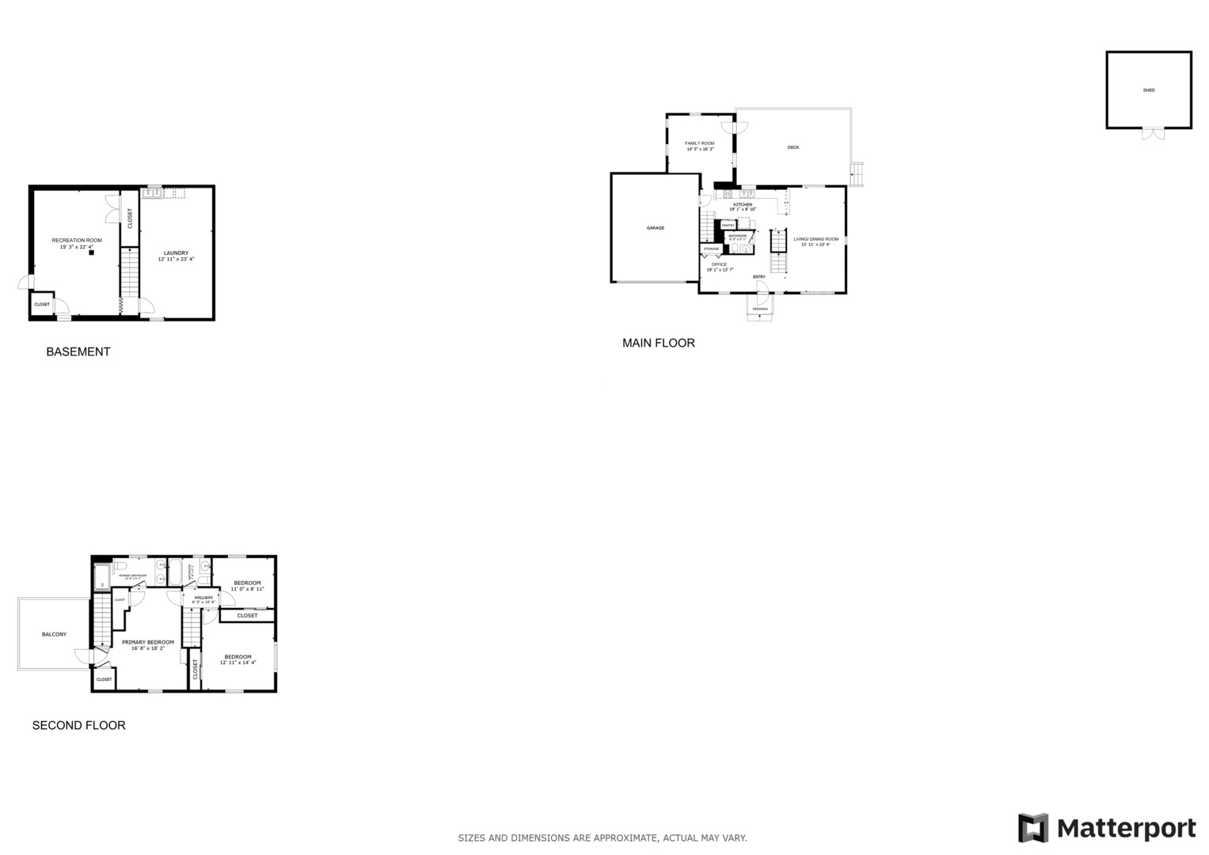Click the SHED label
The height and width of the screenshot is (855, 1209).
point(1148,90)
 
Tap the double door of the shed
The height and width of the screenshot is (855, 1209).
point(1154,134)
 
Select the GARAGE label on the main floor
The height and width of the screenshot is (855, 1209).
point(655,228)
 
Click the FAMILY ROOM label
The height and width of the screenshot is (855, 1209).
point(699,143)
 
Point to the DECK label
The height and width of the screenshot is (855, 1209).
point(793,147)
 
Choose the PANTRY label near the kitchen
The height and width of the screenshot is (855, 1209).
point(728,225)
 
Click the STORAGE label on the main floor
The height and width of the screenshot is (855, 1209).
point(711,249)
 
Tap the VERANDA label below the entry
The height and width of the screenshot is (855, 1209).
point(760,309)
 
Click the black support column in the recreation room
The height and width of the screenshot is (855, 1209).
point(91,253)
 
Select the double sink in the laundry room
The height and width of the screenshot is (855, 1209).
point(152,192)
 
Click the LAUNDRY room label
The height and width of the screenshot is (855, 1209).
point(176,253)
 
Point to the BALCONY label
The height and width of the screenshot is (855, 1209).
point(54,634)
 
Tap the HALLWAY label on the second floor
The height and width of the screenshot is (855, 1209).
point(203,597)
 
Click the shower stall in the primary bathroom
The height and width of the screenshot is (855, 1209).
point(102,576)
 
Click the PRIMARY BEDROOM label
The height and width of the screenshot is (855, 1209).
point(148,642)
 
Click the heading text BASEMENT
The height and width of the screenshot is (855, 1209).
point(78,351)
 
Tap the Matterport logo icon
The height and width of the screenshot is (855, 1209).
point(1032,828)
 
